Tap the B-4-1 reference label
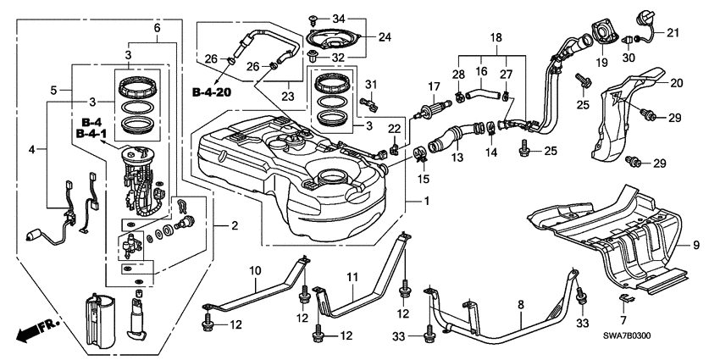click(91, 133)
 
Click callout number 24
click(385, 36)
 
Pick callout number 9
click(696, 246)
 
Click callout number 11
click(352, 276)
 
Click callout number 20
click(675, 83)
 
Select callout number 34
click(340, 18)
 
